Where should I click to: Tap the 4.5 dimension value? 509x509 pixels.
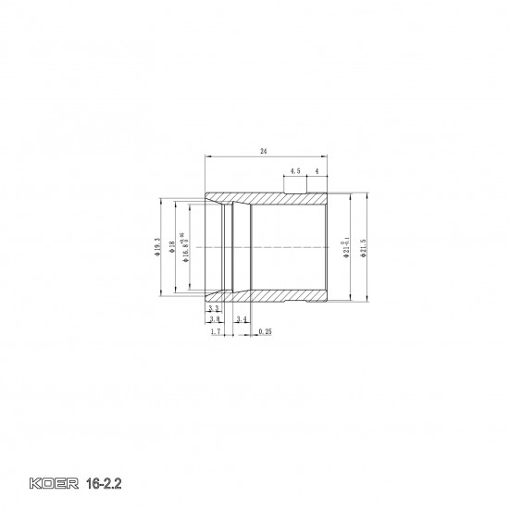click(294, 171)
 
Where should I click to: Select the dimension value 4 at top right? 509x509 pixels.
click(317, 171)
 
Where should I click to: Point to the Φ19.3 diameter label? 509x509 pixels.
click(159, 246)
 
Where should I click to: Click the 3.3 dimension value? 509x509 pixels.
click(213, 308)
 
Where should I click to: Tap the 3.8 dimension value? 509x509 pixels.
click(214, 318)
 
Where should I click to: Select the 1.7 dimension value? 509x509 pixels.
click(215, 330)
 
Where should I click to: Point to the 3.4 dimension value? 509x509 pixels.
click(241, 318)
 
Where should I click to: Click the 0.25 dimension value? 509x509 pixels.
click(265, 330)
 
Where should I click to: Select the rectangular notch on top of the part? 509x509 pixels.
click(297, 187)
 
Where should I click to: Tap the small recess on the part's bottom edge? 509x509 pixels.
click(305, 303)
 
